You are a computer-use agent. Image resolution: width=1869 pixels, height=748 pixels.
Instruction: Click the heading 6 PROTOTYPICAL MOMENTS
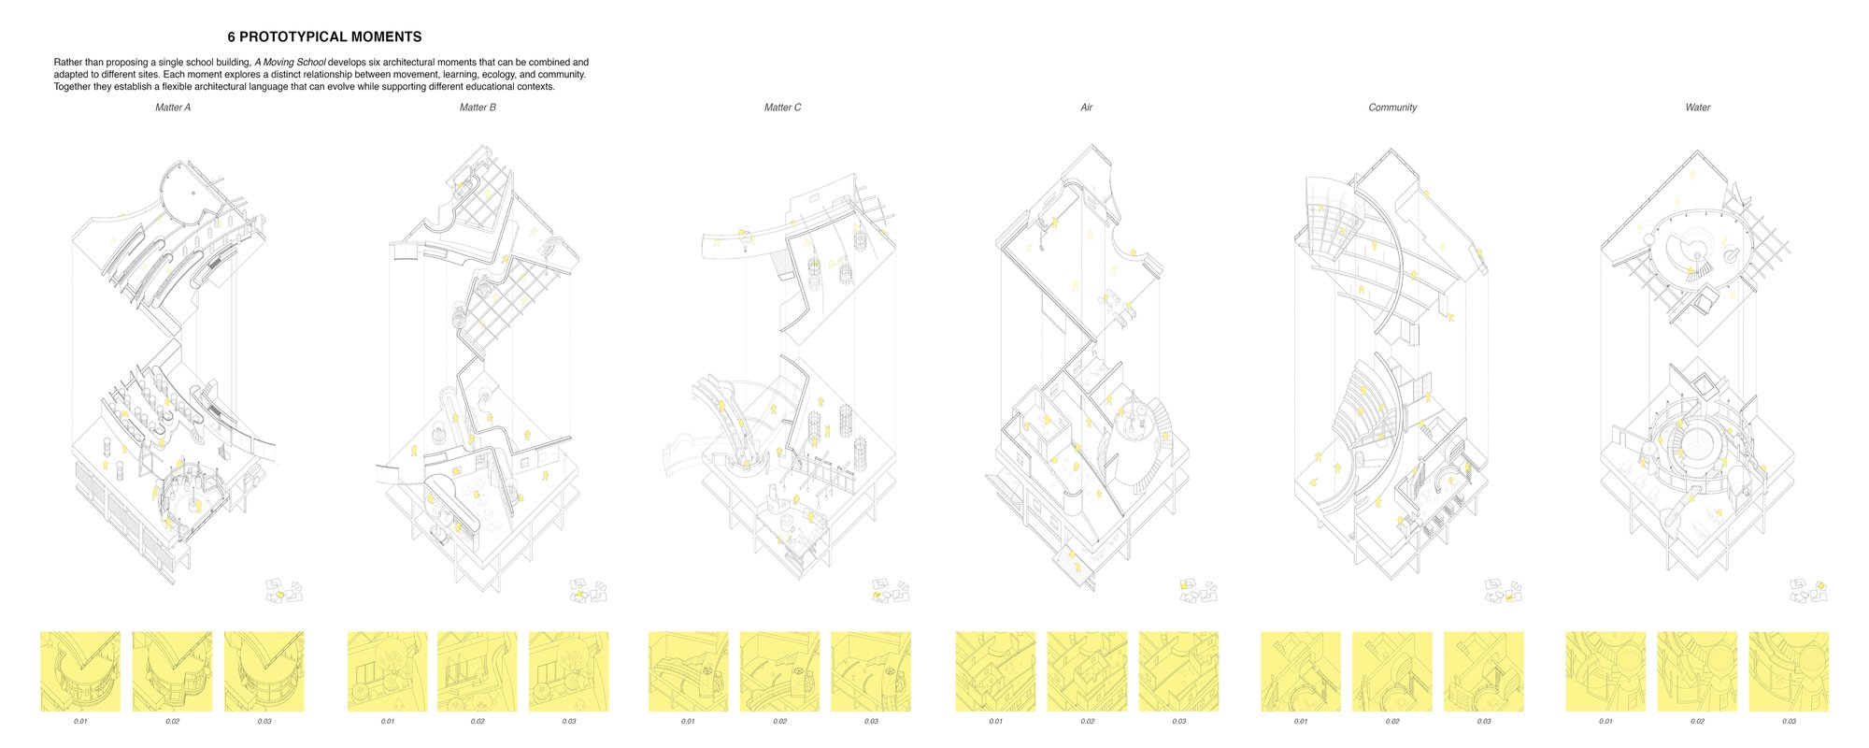[324, 37]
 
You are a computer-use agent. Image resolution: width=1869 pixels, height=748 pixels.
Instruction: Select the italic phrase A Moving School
[290, 63]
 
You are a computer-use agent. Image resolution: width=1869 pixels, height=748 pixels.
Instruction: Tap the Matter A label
[173, 108]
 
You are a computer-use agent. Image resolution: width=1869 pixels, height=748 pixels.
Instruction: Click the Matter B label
[478, 108]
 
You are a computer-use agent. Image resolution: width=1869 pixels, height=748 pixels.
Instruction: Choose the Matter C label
[782, 108]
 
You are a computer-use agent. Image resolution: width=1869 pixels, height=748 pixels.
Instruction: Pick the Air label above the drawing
[1086, 108]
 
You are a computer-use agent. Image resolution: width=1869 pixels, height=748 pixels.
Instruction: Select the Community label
[1392, 108]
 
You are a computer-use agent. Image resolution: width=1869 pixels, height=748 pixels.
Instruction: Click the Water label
[1697, 108]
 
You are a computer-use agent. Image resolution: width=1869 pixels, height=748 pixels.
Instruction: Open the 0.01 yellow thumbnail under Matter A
[80, 671]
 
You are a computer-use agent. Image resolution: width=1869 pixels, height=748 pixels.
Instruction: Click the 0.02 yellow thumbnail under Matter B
[477, 671]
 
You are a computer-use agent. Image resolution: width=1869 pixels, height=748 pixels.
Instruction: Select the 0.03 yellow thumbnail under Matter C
[871, 671]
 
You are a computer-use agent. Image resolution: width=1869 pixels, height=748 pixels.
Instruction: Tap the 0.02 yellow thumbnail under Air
[1087, 671]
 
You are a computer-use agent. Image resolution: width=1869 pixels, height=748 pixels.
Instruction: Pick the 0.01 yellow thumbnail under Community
[1301, 671]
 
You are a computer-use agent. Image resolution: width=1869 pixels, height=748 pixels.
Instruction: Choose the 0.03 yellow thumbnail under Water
[1789, 671]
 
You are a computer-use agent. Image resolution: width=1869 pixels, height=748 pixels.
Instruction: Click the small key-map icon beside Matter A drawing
[284, 591]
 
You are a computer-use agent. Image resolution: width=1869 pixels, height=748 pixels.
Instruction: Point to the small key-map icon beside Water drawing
[1809, 591]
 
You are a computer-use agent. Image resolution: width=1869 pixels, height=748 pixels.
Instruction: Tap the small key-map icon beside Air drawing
[1198, 591]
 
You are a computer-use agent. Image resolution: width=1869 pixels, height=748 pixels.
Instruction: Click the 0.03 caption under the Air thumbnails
[1179, 722]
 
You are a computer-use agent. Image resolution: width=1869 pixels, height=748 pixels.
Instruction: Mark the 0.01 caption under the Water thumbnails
[1605, 722]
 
